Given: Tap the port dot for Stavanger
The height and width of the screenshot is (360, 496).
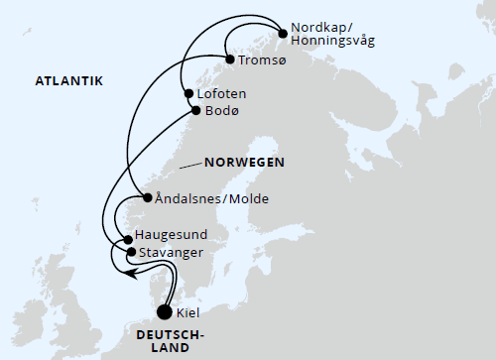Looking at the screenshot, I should click(x=131, y=253).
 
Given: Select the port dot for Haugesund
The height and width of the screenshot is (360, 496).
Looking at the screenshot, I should click(x=128, y=240).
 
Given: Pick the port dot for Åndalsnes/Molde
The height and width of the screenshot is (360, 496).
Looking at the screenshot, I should click(x=148, y=197).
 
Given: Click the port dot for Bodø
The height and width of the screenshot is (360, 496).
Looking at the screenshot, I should click(x=194, y=110).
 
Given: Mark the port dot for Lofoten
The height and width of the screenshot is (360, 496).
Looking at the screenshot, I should click(x=187, y=95).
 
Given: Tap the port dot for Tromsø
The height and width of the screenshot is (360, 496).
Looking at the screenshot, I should click(x=230, y=60).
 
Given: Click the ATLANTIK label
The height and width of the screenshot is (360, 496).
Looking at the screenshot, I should click(x=69, y=80).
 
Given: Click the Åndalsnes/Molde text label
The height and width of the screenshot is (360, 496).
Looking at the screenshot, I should click(x=212, y=198).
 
